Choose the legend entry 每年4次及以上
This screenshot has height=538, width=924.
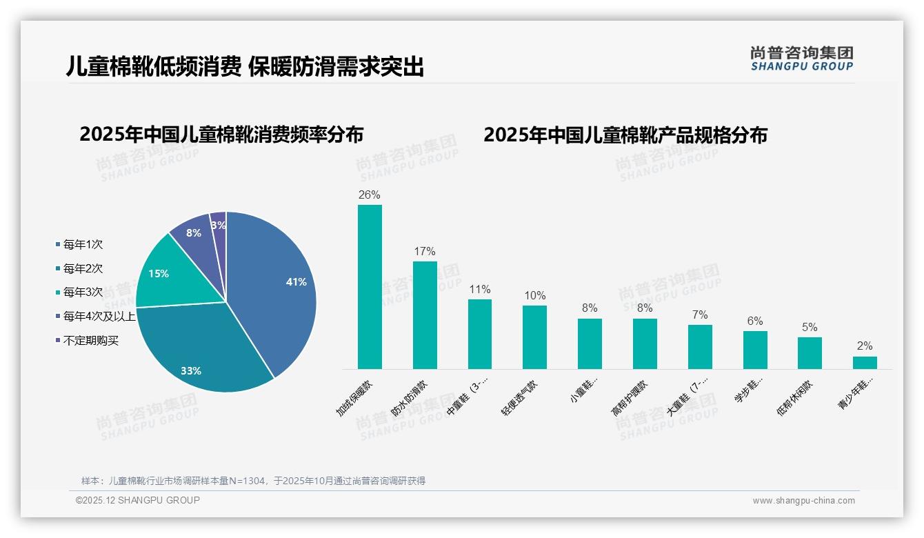click(99, 316)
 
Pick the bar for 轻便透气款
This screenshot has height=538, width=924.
click(534, 337)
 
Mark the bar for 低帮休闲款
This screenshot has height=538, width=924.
click(810, 353)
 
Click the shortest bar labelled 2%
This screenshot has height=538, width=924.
click(865, 363)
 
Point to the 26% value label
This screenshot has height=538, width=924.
click(370, 195)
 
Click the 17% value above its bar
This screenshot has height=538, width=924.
click(425, 252)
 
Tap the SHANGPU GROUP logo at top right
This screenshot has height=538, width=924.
click(801, 59)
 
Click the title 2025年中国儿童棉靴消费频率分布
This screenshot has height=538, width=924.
click(221, 134)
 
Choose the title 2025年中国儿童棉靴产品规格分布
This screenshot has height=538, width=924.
click(625, 134)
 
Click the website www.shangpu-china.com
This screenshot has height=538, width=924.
click(803, 501)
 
